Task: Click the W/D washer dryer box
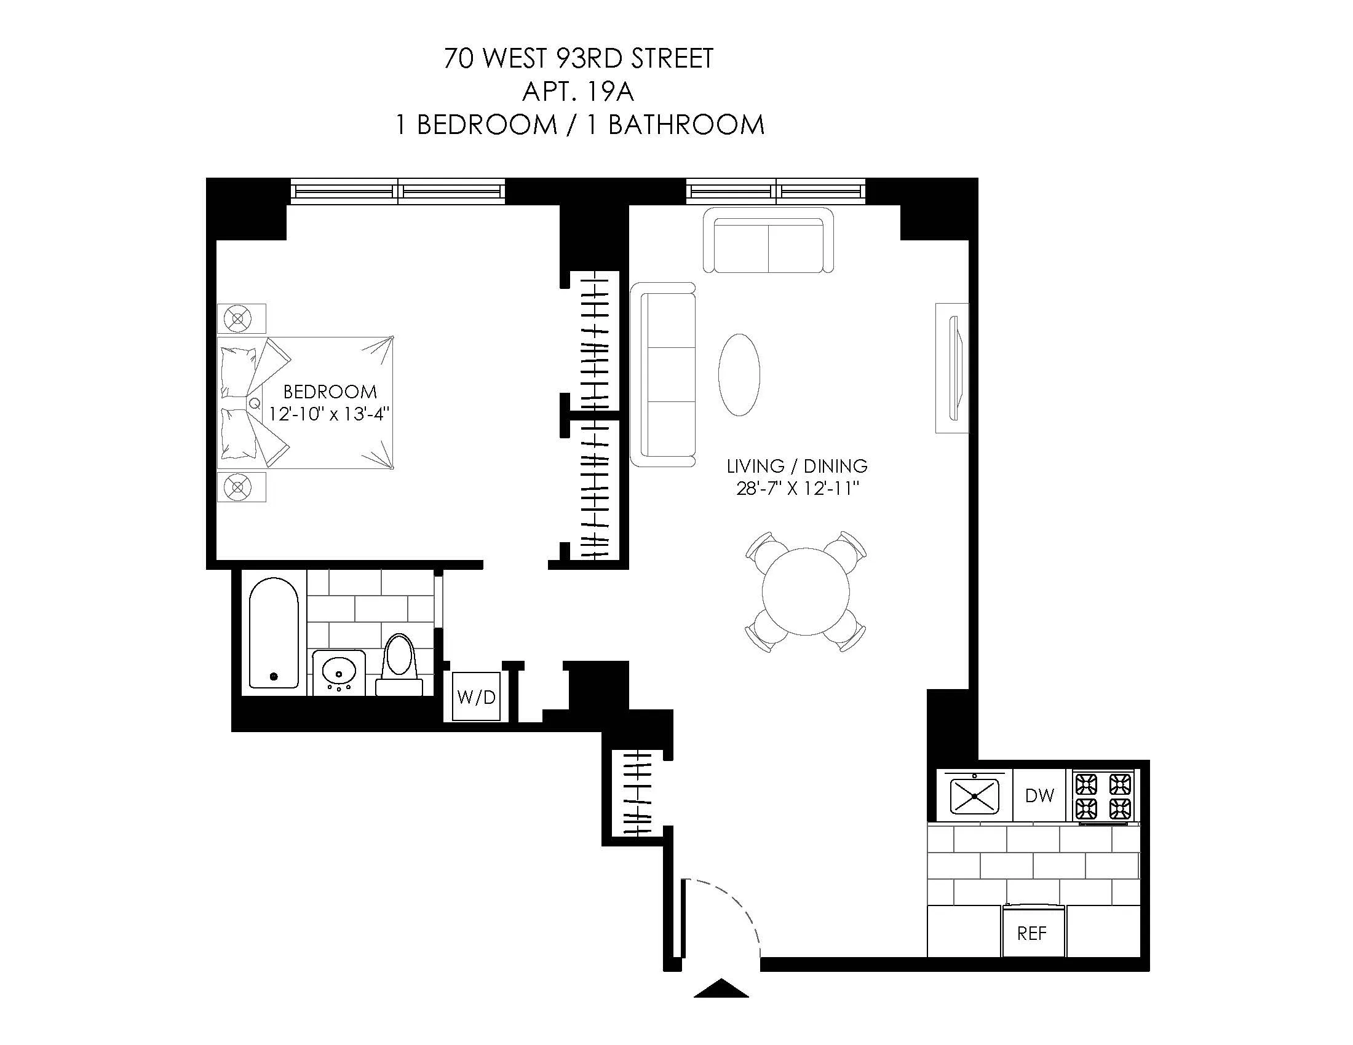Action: tap(476, 697)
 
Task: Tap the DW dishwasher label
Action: tap(1039, 795)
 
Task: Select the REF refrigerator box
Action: tap(1032, 933)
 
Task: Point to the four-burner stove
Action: tap(1103, 796)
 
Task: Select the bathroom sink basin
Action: tap(339, 671)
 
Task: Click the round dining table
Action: tap(805, 592)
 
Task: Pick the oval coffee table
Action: tap(739, 374)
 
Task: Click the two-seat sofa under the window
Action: tap(768, 240)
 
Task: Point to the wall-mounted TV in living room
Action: tap(954, 368)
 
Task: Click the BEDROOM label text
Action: tap(330, 391)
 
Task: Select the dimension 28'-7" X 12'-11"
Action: tap(797, 489)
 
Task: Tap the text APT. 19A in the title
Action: tap(578, 92)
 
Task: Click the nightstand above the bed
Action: tap(241, 319)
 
